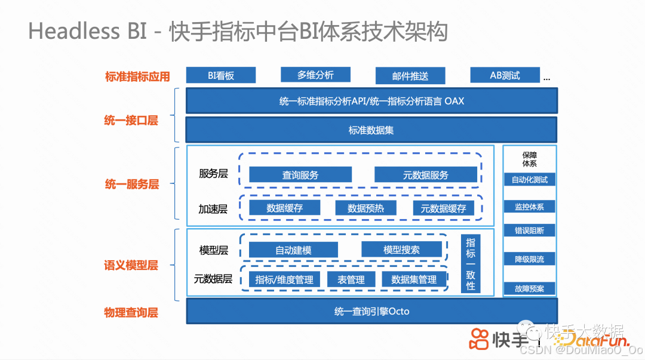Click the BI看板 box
click(x=221, y=75)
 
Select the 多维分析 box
click(x=315, y=75)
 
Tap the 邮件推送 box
click(x=410, y=76)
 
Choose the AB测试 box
click(x=505, y=75)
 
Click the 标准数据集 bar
click(x=371, y=130)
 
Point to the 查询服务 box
click(x=300, y=174)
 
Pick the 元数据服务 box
click(x=426, y=174)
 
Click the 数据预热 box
click(x=366, y=208)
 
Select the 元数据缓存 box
click(x=444, y=208)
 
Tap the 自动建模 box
click(x=293, y=250)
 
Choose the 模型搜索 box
click(x=401, y=250)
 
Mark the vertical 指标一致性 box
click(x=471, y=263)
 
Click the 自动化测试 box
click(x=529, y=179)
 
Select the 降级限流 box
click(x=529, y=259)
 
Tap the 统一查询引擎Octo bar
click(x=371, y=311)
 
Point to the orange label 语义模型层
click(x=131, y=265)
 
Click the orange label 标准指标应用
click(x=137, y=76)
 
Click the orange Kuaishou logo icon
click(x=478, y=339)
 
